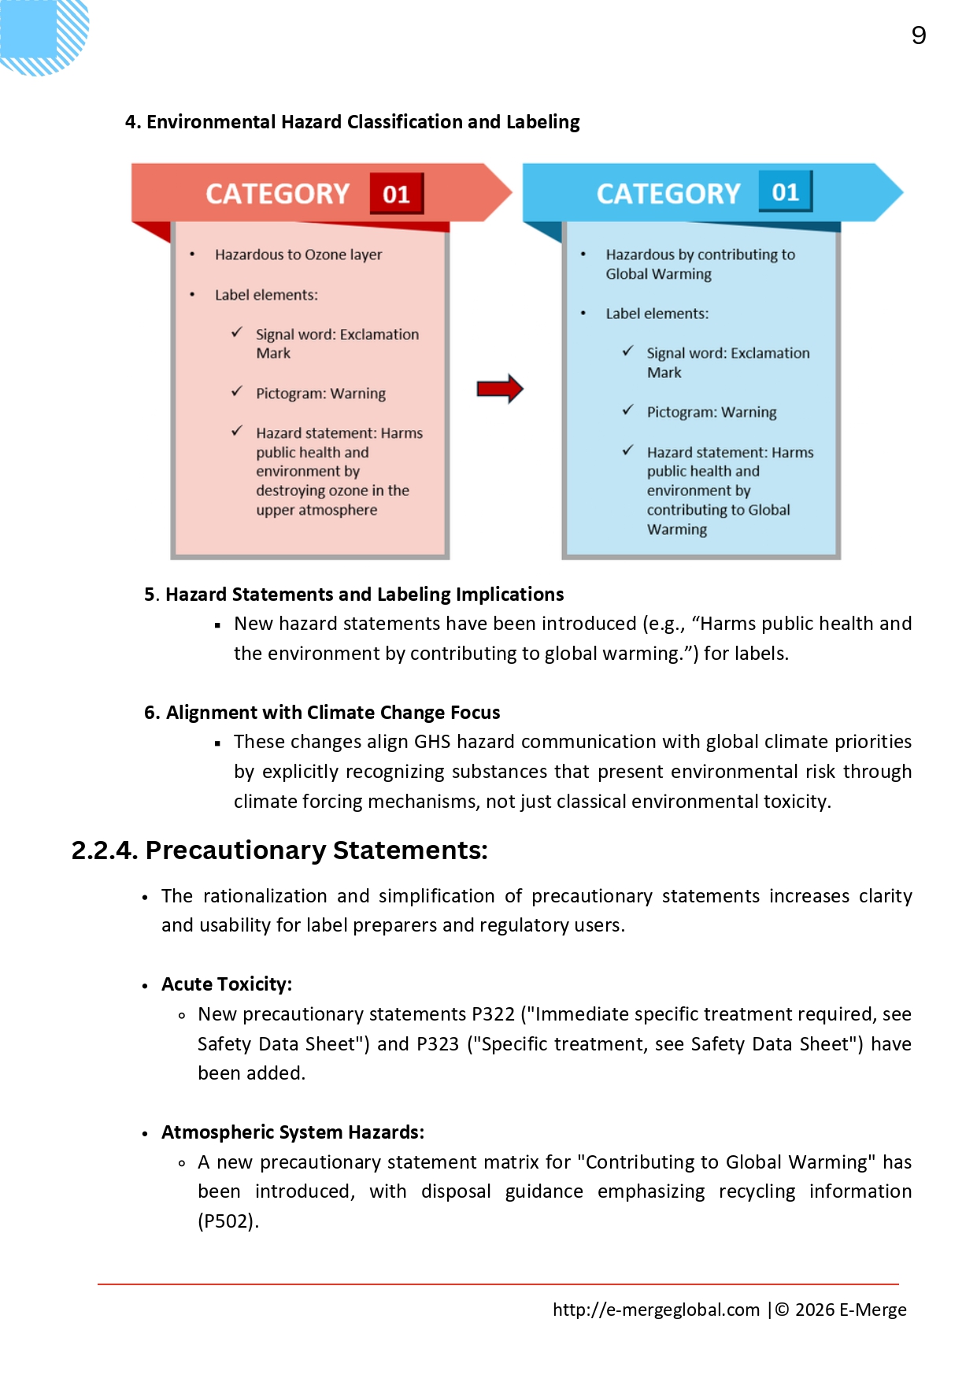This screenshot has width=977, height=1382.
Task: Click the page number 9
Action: pyautogui.click(x=918, y=35)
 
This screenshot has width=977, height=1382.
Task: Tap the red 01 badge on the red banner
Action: pyautogui.click(x=396, y=194)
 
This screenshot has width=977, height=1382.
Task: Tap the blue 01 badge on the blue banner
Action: pyautogui.click(x=785, y=191)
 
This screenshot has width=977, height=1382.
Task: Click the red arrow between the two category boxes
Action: pyautogui.click(x=500, y=388)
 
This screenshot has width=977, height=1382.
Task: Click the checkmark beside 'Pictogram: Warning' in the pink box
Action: pyautogui.click(x=237, y=391)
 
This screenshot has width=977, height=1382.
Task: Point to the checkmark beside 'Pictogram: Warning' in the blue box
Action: pyautogui.click(x=627, y=410)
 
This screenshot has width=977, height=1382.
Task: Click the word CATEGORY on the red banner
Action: pyautogui.click(x=277, y=194)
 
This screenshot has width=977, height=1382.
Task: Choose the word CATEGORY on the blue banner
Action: pyautogui.click(x=668, y=194)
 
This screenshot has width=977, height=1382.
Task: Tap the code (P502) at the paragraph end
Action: pyautogui.click(x=228, y=1221)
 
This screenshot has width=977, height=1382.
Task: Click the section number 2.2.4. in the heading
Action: pyautogui.click(x=104, y=850)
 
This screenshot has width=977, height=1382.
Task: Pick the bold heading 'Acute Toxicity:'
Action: pyautogui.click(x=227, y=984)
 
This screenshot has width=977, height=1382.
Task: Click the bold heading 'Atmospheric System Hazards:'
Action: pyautogui.click(x=293, y=1132)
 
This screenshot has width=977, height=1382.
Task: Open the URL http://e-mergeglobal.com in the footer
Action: pyautogui.click(x=656, y=1310)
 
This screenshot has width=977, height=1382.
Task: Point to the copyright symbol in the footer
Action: pyautogui.click(x=783, y=1310)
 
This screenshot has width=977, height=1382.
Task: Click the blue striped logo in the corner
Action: pyautogui.click(x=43, y=35)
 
